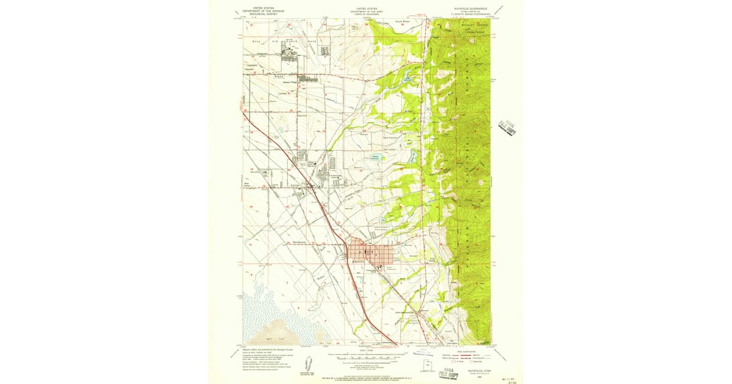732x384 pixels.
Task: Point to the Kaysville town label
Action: point(359,262)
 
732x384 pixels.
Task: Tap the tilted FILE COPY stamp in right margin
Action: point(507,126)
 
